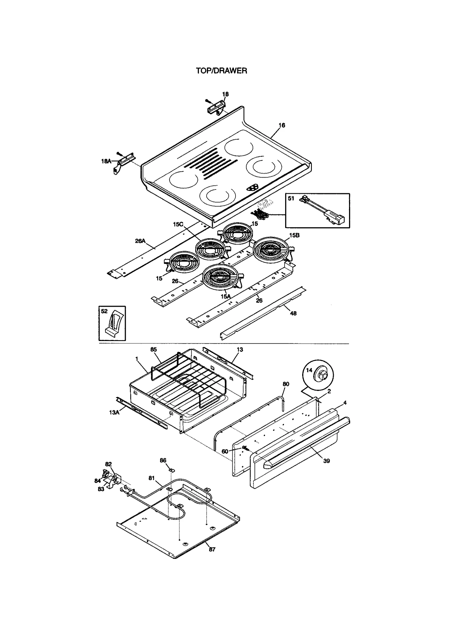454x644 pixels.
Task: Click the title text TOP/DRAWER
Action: pos(221,71)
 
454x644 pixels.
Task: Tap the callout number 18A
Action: pos(106,161)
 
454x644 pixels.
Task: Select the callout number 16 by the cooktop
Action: pos(281,125)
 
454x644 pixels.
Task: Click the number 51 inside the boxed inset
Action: pos(291,198)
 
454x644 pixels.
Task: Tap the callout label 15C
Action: pos(178,224)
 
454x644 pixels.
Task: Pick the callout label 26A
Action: pos(140,241)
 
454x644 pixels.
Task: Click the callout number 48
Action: pos(293,313)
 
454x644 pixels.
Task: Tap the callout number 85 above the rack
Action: pos(154,350)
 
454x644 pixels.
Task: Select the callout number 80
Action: pos(286,384)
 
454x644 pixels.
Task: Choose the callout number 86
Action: pos(163,460)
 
